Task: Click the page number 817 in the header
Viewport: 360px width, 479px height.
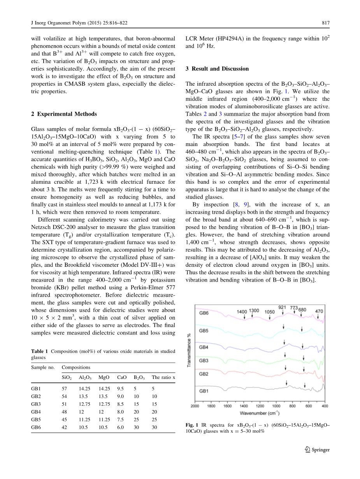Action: click(326, 23)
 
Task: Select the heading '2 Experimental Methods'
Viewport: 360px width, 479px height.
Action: click(64, 114)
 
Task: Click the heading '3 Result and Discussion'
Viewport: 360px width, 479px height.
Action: click(217, 69)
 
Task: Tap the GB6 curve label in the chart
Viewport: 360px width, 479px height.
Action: click(204, 313)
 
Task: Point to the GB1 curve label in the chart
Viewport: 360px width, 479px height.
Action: click(204, 390)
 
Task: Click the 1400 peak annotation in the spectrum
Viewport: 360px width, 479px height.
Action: click(242, 311)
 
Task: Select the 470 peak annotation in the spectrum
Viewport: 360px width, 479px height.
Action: click(319, 311)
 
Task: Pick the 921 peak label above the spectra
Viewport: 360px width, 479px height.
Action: click(282, 307)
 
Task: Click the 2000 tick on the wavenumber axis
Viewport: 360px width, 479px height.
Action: click(195, 406)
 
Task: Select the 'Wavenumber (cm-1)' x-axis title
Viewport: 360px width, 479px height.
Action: click(259, 413)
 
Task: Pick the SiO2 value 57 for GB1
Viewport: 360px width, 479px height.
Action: click(64, 389)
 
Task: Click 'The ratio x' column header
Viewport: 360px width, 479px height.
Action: click(163, 377)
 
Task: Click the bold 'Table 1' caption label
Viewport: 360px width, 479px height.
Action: click(40, 351)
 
